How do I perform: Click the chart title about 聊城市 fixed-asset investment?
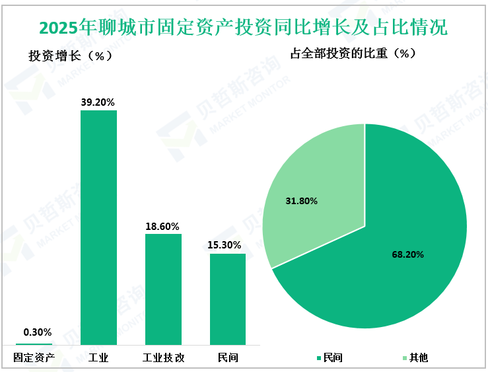[244, 27]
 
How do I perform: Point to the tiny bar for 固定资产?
[34, 344]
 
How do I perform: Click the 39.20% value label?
[98, 102]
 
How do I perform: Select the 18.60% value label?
[163, 226]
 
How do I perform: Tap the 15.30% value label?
[228, 245]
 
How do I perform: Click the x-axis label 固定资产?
[34, 358]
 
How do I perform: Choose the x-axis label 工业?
[98, 358]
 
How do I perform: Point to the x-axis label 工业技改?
[163, 358]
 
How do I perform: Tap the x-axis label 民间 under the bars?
[228, 358]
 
